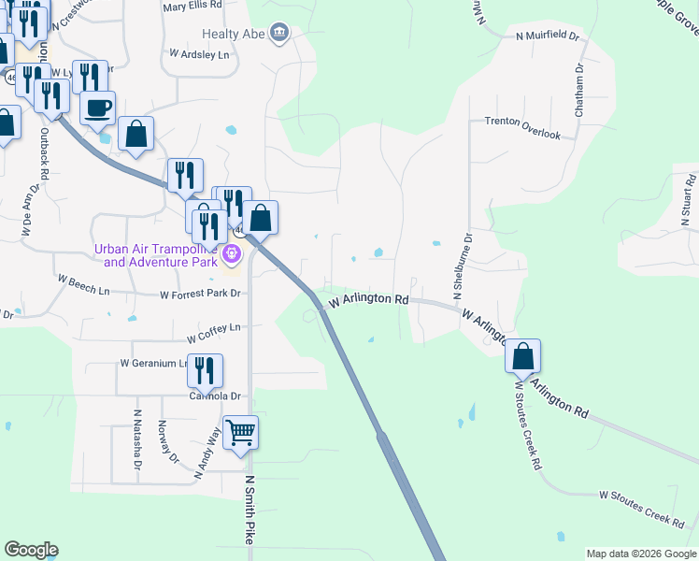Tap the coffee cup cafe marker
[97, 108]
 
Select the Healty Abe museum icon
[278, 35]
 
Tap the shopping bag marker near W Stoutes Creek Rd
[523, 357]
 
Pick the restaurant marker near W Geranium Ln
[205, 372]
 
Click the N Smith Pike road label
[250, 511]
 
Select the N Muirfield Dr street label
[548, 36]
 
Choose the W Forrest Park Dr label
[200, 294]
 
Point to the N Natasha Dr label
[137, 439]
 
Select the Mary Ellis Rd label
[193, 6]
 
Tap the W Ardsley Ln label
[199, 55]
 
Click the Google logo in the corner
[31, 550]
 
